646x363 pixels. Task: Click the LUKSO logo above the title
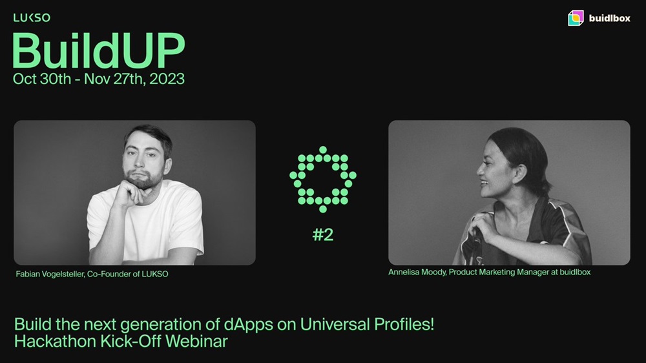(32, 17)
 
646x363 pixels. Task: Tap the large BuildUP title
(98, 50)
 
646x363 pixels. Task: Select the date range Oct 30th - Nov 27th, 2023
(98, 79)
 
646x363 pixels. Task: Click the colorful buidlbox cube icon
(576, 18)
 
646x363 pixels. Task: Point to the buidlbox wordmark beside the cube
(609, 18)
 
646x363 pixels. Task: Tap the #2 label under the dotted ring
(323, 235)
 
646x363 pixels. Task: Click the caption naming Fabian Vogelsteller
(92, 274)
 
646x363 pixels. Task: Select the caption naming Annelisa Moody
(490, 272)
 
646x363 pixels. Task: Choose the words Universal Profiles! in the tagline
(367, 324)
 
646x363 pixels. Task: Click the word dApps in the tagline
(249, 325)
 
